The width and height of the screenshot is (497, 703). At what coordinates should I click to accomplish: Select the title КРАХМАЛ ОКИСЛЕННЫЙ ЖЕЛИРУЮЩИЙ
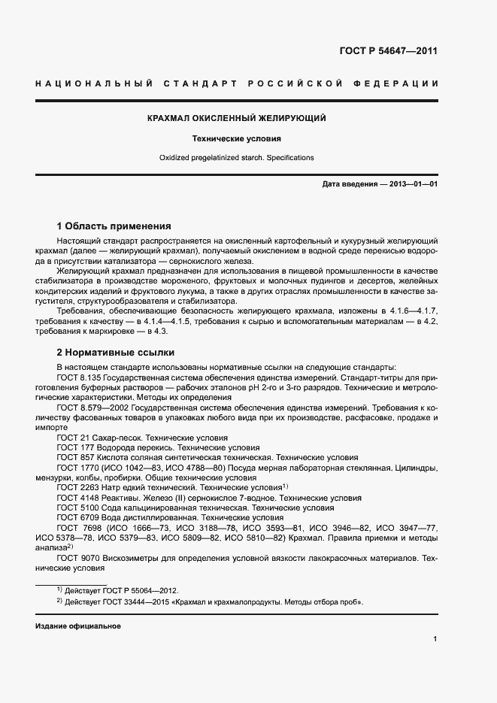236,119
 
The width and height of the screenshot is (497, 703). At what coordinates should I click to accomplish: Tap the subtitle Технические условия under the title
236,139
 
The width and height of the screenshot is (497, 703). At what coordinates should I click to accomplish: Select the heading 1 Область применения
114,226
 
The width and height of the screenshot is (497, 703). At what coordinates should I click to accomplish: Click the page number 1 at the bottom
435,639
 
